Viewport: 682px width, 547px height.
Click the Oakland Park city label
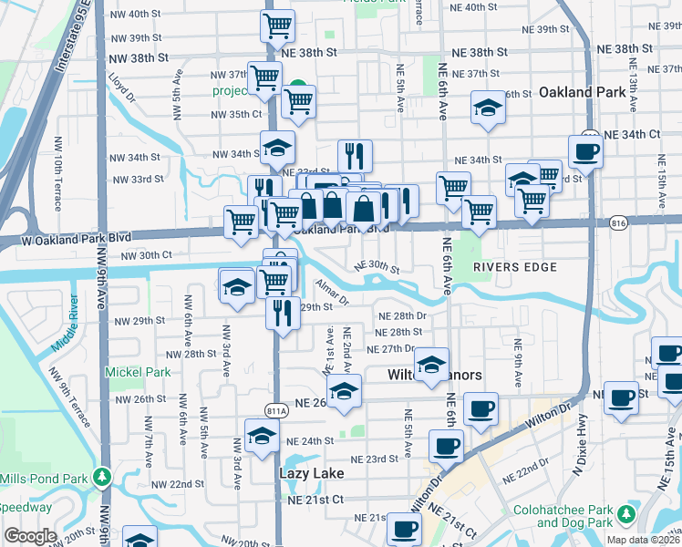(x=582, y=92)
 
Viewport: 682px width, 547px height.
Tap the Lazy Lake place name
(x=311, y=473)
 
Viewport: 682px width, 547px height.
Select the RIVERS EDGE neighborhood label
(x=508, y=266)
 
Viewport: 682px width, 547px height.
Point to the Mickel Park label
(x=138, y=372)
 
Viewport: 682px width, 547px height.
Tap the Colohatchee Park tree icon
(x=625, y=515)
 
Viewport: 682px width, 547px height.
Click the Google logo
(x=30, y=536)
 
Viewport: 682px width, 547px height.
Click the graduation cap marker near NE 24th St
(x=262, y=434)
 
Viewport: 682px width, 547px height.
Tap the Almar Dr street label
(x=334, y=293)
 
